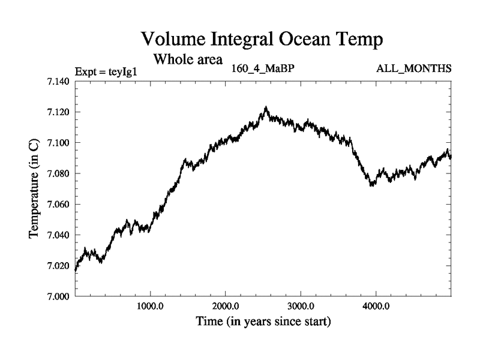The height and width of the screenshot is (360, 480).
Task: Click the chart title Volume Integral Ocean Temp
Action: point(262,40)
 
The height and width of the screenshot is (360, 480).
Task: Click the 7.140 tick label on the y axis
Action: point(58,81)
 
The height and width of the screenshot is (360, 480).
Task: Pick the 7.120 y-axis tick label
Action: point(58,112)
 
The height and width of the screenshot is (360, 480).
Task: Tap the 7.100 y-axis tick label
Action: point(58,142)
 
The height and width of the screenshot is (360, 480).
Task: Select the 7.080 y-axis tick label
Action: point(58,173)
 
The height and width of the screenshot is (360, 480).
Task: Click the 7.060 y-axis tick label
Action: point(58,204)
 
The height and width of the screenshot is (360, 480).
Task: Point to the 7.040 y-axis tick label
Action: point(58,235)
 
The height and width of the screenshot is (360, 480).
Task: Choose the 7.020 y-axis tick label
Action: point(58,265)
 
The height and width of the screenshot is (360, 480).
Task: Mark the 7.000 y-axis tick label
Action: point(58,296)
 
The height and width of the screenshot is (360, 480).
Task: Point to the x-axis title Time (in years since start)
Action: point(263,322)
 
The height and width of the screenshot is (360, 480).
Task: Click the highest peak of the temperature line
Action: point(266,107)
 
